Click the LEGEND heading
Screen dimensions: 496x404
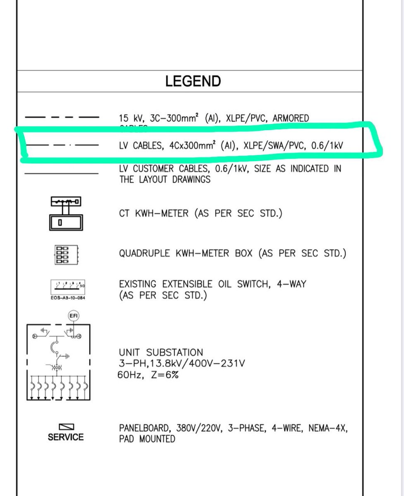[193, 81]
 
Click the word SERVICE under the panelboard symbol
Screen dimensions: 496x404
[65, 437]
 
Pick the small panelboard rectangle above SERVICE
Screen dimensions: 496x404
[66, 427]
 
